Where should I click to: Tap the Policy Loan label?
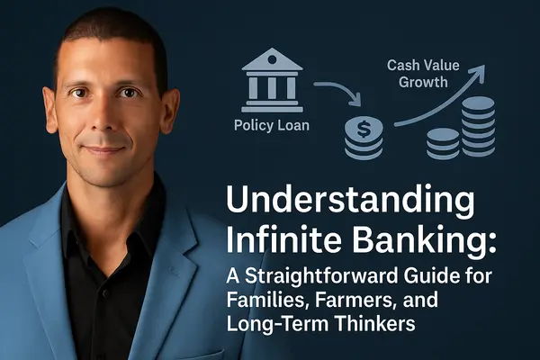273,125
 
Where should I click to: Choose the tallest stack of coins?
477,126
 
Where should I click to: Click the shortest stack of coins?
442,143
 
